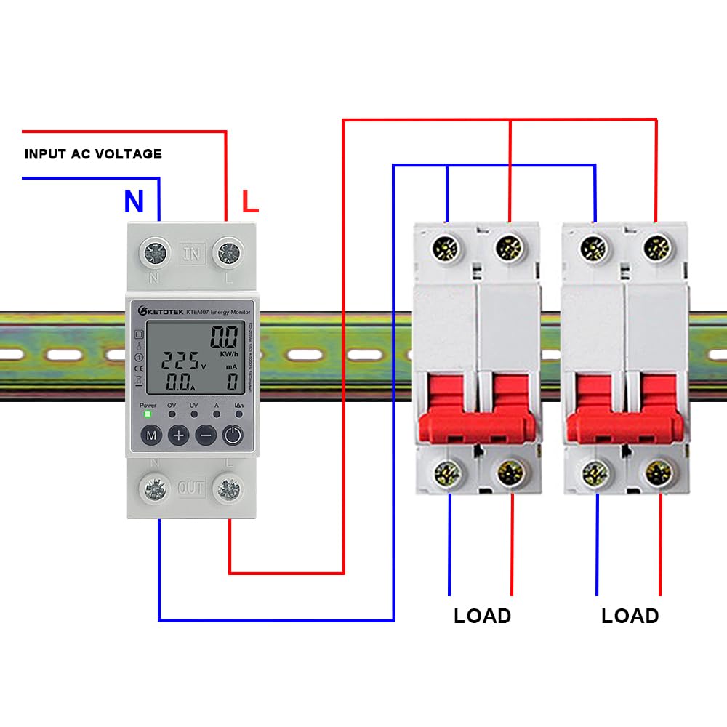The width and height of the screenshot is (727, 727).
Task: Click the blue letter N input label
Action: coord(133,201)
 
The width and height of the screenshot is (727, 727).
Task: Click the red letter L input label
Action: coord(249,201)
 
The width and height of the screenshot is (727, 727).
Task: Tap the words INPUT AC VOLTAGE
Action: coord(93,154)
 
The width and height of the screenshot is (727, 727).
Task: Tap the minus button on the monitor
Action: coord(206,435)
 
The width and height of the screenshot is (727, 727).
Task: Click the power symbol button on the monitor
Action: coord(232,435)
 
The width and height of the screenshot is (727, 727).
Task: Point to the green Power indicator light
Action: coord(148,414)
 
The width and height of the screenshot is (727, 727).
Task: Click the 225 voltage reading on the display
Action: coord(179,361)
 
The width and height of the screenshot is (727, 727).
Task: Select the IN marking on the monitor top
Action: coord(192,254)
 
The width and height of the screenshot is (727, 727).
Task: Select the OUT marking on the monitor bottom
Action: coord(192,488)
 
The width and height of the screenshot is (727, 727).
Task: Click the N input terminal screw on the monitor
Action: coord(155,253)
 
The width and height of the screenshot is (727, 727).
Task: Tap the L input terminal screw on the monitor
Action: coord(228,253)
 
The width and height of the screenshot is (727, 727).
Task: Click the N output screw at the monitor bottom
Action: coord(155,488)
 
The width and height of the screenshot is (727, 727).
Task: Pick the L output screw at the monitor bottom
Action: coord(228,488)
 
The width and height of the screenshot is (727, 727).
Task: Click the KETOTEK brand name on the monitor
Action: coord(159,311)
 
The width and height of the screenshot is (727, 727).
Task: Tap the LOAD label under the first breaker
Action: coord(482,616)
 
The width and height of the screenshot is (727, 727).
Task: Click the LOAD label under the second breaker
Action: coord(630,616)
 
